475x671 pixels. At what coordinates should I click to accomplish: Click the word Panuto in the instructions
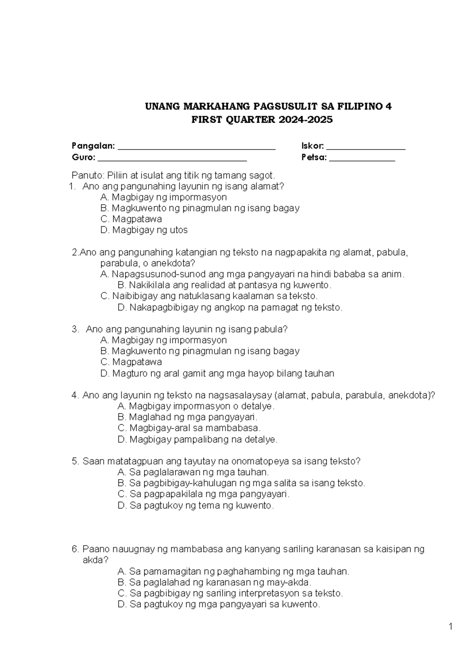click(85, 175)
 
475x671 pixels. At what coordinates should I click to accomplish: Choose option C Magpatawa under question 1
click(131, 219)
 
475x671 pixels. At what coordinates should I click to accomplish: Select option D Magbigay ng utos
click(144, 230)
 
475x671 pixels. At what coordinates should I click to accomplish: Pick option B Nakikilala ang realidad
click(224, 285)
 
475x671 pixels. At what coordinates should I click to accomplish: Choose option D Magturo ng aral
click(217, 373)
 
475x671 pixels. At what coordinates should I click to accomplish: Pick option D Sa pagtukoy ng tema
click(196, 505)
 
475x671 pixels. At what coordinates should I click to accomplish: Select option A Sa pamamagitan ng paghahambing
click(234, 571)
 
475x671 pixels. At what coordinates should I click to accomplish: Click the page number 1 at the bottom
click(450, 626)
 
